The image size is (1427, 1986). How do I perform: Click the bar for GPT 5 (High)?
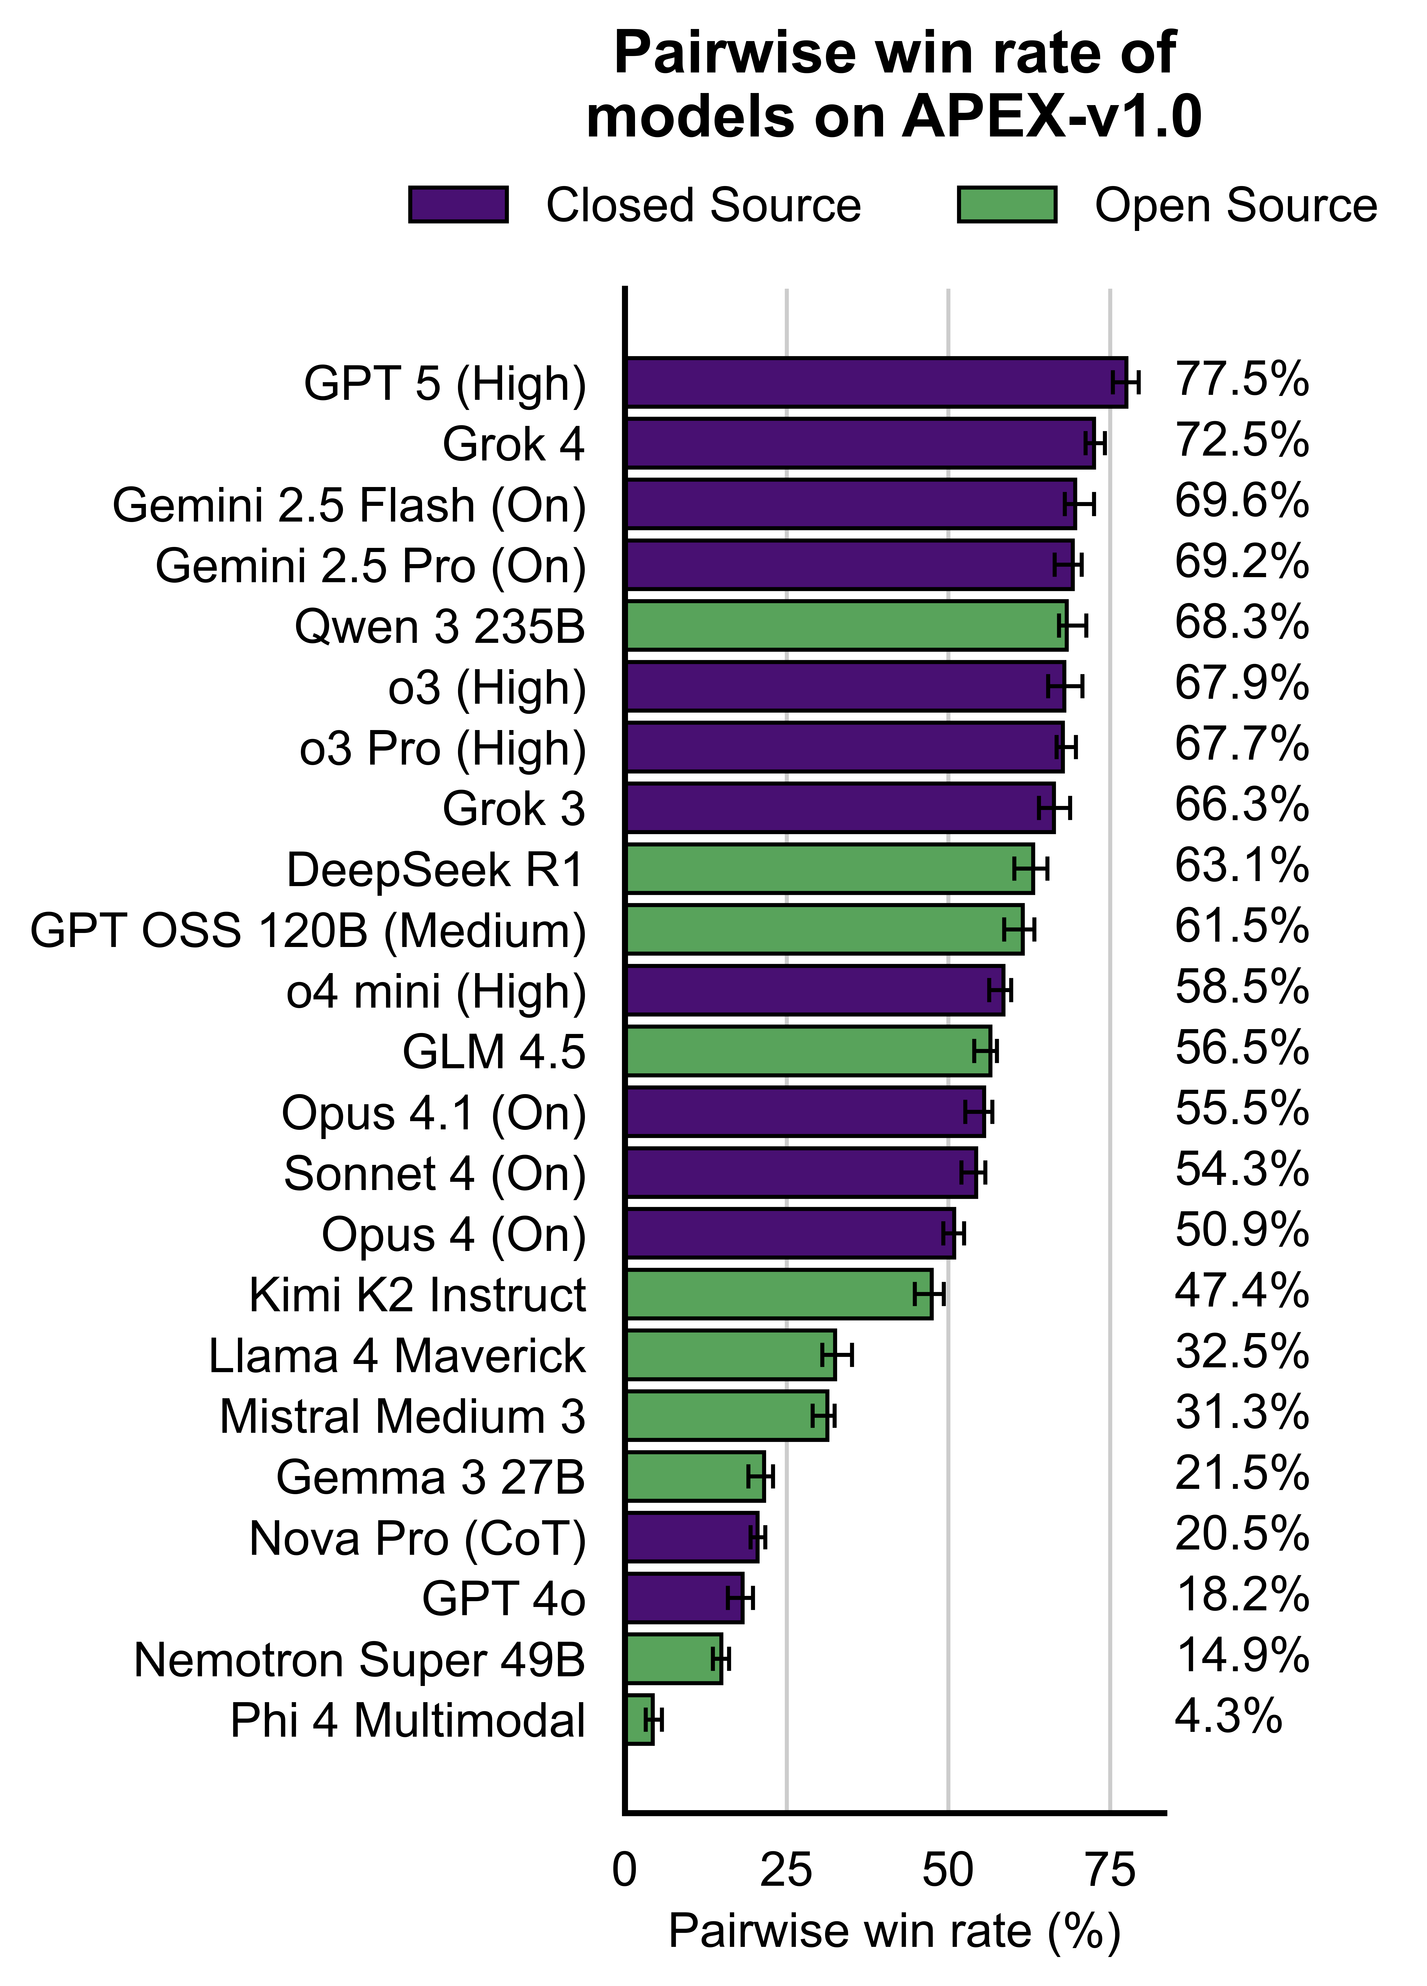pos(876,383)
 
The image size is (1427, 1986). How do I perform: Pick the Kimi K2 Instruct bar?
pos(779,1294)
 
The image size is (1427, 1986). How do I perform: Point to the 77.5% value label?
pos(1241,380)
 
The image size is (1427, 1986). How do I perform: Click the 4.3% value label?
pos(1227,1716)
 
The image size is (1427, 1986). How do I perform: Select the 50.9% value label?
pos(1241,1230)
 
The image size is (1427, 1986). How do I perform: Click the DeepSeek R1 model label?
pos(435,870)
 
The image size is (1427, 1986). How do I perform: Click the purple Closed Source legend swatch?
pos(458,205)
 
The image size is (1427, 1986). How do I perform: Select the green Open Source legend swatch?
pos(1007,205)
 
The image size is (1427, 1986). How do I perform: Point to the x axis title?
pos(894,1931)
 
